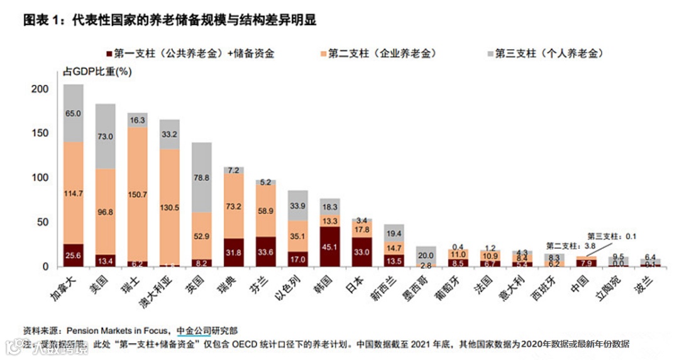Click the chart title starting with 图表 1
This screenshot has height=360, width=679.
170,20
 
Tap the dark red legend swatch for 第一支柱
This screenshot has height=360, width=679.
109,54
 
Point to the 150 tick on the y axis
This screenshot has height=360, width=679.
40,133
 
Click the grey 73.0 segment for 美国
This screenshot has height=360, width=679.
106,136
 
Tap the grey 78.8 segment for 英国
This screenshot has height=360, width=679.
202,177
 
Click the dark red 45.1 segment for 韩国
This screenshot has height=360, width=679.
330,246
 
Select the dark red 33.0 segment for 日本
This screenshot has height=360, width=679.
362,252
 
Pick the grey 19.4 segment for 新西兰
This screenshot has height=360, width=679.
394,233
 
